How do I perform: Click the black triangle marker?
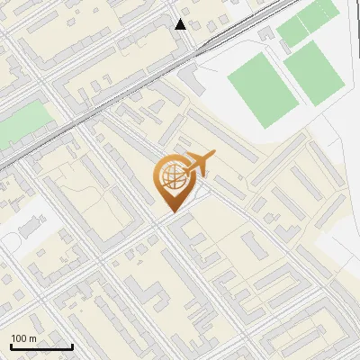point(181,24)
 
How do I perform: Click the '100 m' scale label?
point(24,338)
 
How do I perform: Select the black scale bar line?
point(41,346)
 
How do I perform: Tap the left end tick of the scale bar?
point(11,345)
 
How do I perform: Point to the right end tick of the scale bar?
point(72,345)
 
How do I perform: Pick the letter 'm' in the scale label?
point(33,338)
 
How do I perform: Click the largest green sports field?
point(261,91)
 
